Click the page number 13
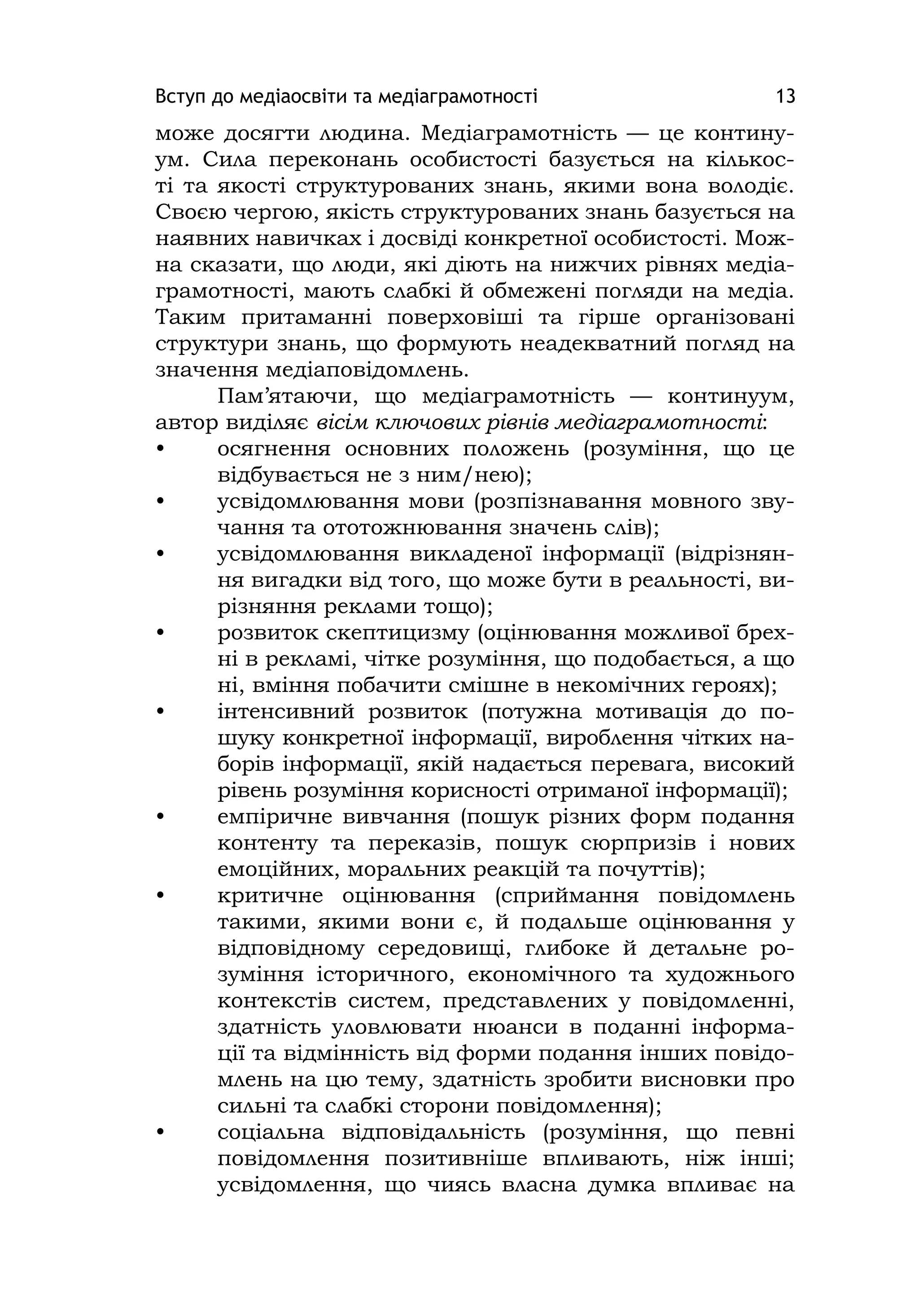786,96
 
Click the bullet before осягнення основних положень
160,449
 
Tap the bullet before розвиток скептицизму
160,633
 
